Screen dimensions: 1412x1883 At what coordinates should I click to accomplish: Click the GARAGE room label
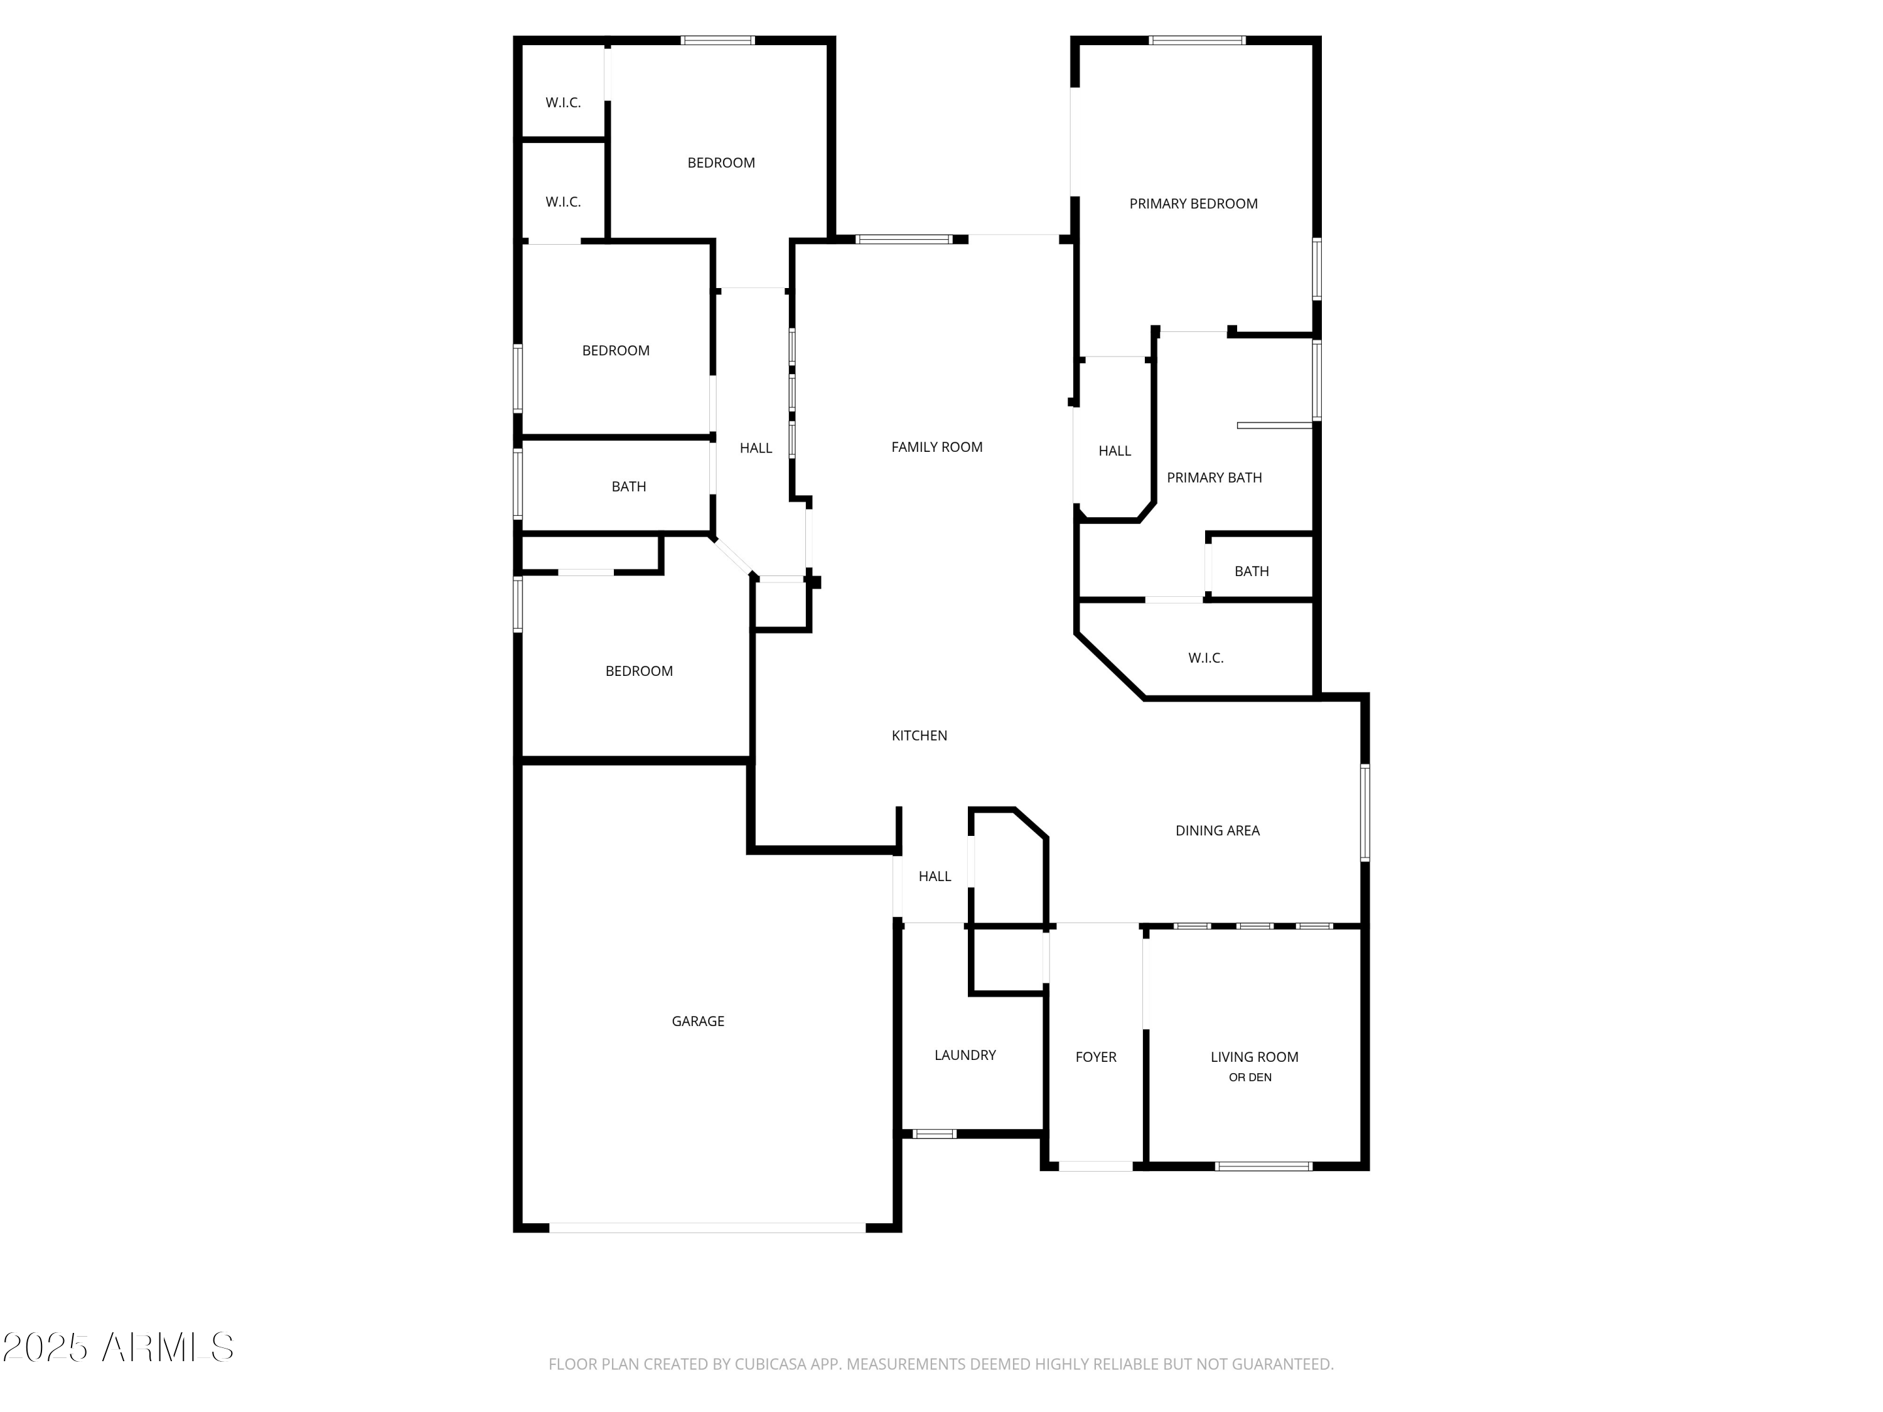coord(697,1020)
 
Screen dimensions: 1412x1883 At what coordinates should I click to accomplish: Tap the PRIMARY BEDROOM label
coord(1193,203)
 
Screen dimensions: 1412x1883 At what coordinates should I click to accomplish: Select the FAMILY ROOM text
coord(936,447)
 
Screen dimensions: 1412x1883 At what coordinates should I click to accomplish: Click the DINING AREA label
coord(1216,831)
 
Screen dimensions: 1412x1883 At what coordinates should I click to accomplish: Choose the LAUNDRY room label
coord(965,1054)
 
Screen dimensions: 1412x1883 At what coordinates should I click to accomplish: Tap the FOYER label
coord(1095,1056)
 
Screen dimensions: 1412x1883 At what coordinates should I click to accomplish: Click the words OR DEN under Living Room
coord(1250,1078)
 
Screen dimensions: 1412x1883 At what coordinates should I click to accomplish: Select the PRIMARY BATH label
coord(1214,478)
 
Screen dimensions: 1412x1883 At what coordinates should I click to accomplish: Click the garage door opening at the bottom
coord(707,1227)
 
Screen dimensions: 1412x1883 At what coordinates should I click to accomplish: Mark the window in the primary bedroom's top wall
coord(1196,40)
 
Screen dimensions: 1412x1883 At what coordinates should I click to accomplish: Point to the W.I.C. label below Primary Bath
coord(1205,658)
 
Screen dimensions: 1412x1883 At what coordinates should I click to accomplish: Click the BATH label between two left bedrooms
coord(628,487)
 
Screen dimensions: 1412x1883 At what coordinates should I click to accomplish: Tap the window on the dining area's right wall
coord(1365,812)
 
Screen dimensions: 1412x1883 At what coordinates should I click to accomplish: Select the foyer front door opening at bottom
coord(1095,1166)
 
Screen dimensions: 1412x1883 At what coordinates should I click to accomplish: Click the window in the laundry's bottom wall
coord(934,1134)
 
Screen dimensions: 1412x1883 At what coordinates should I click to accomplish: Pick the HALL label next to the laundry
coord(934,876)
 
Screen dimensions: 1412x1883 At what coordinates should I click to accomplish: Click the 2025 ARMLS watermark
coord(119,1347)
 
